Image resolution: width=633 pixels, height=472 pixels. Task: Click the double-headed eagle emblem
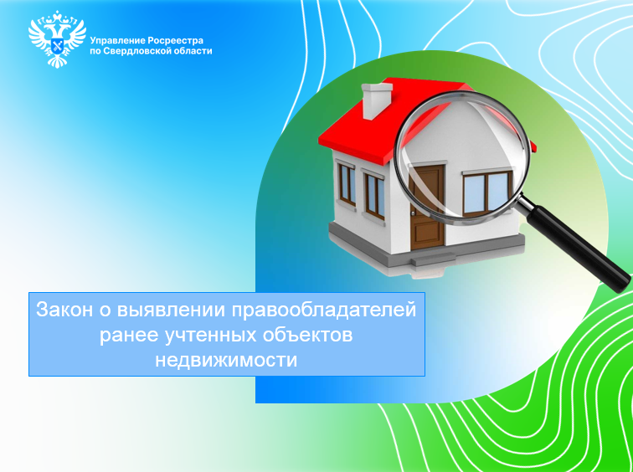click(57, 38)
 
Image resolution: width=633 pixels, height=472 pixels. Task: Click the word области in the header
click(193, 50)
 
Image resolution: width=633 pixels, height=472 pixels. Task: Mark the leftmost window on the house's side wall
click(346, 182)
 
